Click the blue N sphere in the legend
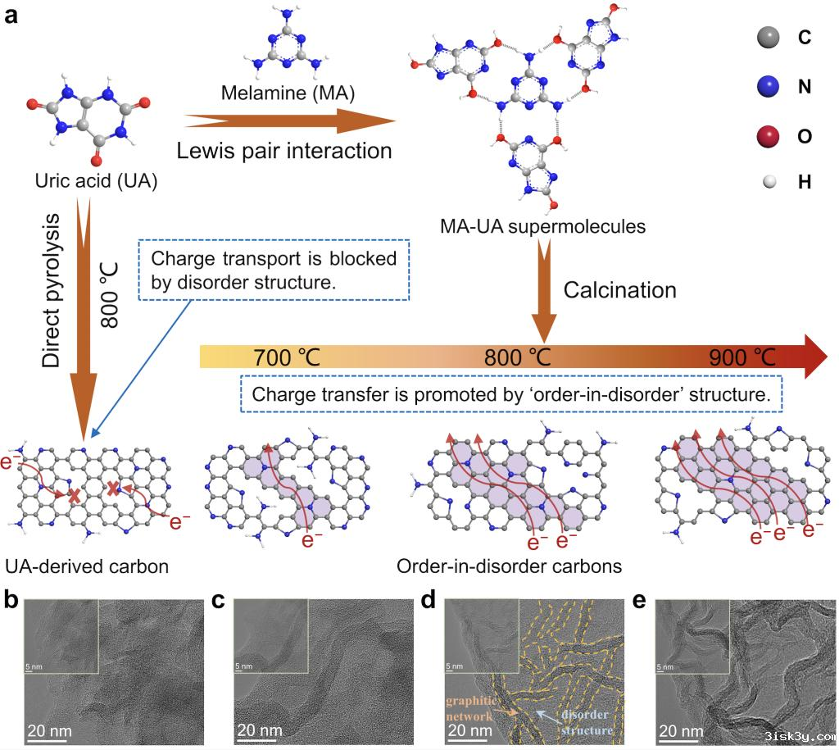(768, 86)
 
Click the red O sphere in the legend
(768, 135)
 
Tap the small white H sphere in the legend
(768, 183)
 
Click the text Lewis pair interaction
(284, 152)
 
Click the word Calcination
(621, 290)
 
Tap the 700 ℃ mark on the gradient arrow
(287, 357)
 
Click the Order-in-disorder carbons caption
(508, 566)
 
